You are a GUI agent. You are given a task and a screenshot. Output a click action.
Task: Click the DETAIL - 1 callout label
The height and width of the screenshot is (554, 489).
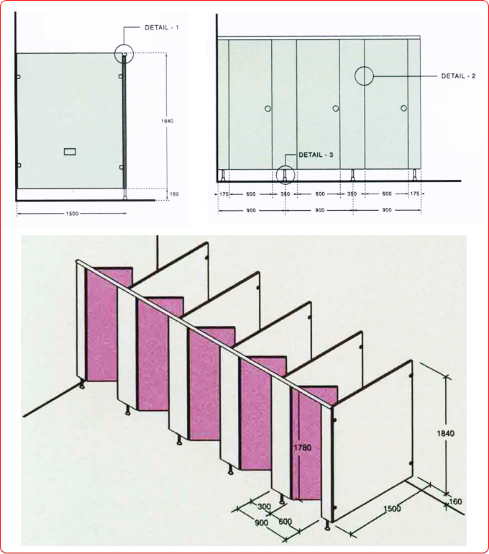pyautogui.click(x=162, y=27)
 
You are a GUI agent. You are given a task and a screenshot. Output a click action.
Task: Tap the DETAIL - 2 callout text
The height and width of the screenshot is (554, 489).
pyautogui.click(x=458, y=76)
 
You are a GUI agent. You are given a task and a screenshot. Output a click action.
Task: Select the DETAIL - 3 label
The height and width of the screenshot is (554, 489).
pyautogui.click(x=316, y=155)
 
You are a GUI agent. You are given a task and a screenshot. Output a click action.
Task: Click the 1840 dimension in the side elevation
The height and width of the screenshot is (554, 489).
pyautogui.click(x=168, y=121)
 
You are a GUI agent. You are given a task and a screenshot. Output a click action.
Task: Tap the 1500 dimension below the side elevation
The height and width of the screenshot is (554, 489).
pyautogui.click(x=72, y=214)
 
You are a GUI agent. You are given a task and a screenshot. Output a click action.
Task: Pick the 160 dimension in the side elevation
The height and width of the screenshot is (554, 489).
pyautogui.click(x=175, y=194)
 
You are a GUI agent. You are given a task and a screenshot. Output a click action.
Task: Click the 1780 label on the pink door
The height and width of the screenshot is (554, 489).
pyautogui.click(x=303, y=448)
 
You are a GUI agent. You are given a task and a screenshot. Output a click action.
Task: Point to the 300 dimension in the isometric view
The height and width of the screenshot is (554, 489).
pyautogui.click(x=264, y=507)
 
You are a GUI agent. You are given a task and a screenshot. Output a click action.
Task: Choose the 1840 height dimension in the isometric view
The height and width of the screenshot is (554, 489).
pyautogui.click(x=446, y=433)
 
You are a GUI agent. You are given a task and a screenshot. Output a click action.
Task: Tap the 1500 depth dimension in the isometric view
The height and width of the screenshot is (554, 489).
pyautogui.click(x=392, y=509)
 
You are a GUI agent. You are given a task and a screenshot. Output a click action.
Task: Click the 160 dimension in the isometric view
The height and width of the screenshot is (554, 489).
pyautogui.click(x=456, y=501)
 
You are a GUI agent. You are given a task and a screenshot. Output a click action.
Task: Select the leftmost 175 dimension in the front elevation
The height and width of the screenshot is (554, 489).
pyautogui.click(x=224, y=194)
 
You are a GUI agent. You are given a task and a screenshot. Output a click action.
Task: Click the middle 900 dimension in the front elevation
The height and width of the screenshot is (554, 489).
pyautogui.click(x=319, y=210)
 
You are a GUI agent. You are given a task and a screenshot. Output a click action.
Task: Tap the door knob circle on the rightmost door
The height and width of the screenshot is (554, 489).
pyautogui.click(x=403, y=108)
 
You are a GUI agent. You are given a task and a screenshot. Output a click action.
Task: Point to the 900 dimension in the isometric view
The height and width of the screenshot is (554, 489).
pyautogui.click(x=261, y=522)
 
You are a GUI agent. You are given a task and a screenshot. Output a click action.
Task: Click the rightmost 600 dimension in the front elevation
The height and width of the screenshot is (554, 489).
pyautogui.click(x=387, y=194)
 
